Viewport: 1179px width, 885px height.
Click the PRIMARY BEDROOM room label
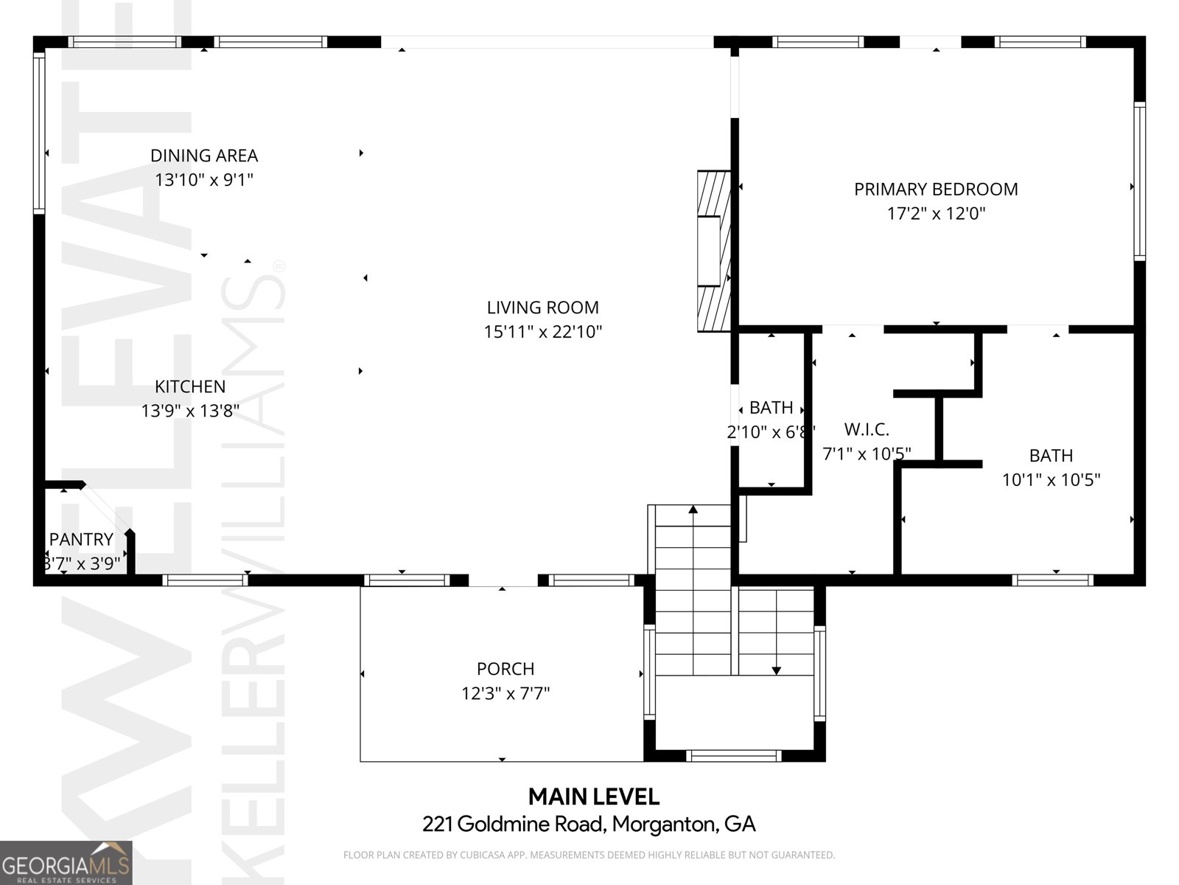pos(936,190)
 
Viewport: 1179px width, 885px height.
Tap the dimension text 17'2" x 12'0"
pos(936,214)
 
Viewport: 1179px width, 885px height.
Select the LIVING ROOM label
pos(542,308)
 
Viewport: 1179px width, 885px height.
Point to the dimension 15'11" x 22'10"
pos(542,332)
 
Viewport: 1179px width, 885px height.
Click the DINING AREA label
pos(204,156)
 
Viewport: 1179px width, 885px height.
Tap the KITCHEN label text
pos(190,386)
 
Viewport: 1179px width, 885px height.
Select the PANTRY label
pos(81,540)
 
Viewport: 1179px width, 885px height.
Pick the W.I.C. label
pos(867,429)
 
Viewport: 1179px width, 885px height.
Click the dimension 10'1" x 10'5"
pos(1051,480)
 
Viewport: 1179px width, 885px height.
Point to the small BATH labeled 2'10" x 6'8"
pos(771,408)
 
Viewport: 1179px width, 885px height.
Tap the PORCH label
pos(505,669)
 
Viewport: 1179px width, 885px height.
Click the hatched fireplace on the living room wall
pos(713,251)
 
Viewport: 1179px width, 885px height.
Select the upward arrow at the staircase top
pos(693,510)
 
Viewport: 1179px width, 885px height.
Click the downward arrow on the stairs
pos(776,670)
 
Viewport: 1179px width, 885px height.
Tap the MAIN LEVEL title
pos(593,796)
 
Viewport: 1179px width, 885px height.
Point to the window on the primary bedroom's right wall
pos(1139,181)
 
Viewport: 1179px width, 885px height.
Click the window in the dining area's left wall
pos(39,133)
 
